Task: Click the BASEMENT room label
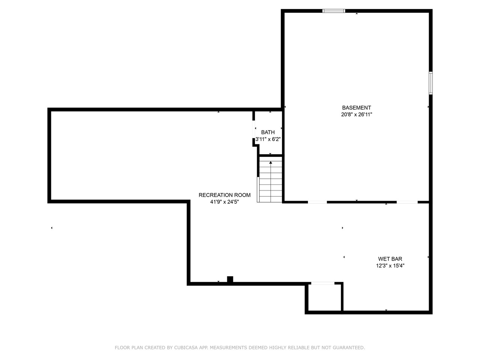pos(356,108)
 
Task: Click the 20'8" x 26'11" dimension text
pos(356,115)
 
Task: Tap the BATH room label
pos(268,132)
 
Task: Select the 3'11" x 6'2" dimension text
pos(268,139)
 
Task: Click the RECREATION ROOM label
pos(224,195)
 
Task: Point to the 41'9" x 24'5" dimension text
pos(224,202)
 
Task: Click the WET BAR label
pos(390,259)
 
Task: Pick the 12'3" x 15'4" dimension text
pos(390,266)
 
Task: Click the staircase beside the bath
pos(270,180)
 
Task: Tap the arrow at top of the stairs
pos(270,163)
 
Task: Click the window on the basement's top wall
pos(334,11)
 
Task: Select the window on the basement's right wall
pos(430,83)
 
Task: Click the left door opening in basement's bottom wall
pos(317,202)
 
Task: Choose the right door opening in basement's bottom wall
pos(407,202)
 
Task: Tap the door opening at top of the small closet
pos(322,283)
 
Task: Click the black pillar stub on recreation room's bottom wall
pos(230,279)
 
